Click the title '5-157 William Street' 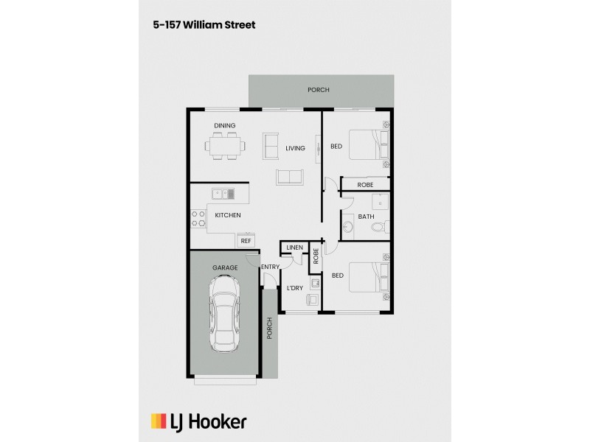(x=204, y=25)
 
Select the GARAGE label (x=225, y=267)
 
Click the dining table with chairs (x=225, y=145)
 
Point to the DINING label (x=225, y=126)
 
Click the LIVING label (x=295, y=149)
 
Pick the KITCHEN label (x=228, y=215)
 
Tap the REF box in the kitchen (x=246, y=240)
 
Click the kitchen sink (x=223, y=194)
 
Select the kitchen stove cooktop (x=198, y=218)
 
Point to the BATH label (x=366, y=217)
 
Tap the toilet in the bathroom (x=379, y=228)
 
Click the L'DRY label (x=295, y=287)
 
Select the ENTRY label (x=270, y=266)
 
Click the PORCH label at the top (x=319, y=90)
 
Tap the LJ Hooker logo (x=198, y=421)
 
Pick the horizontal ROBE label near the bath (x=365, y=185)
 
